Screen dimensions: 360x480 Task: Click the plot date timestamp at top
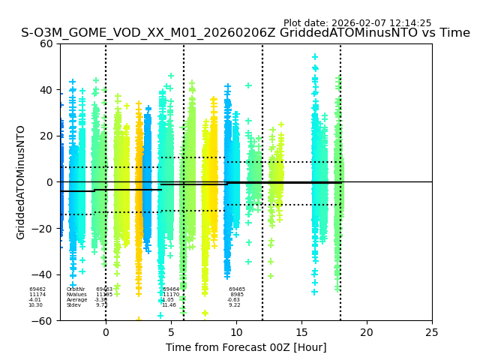(x=357, y=23)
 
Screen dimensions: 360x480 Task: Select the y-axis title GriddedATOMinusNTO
(x=21, y=182)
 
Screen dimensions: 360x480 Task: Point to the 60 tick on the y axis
(x=47, y=43)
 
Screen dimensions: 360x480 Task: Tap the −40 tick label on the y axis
(x=43, y=274)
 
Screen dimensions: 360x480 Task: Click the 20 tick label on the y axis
(x=47, y=136)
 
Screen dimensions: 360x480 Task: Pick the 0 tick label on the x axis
(x=106, y=331)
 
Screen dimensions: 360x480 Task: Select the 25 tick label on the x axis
(x=432, y=331)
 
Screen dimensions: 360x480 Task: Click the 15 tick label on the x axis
(x=301, y=331)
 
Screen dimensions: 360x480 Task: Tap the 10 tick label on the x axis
(x=236, y=331)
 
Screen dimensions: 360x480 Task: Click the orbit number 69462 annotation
(x=37, y=289)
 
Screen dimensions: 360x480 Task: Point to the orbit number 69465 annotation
(x=237, y=289)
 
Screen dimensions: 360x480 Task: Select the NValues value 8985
(x=237, y=295)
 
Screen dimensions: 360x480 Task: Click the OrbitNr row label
(x=76, y=289)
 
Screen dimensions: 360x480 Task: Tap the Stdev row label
(x=73, y=305)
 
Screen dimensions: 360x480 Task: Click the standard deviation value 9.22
(x=235, y=305)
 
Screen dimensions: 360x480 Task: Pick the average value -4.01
(x=35, y=300)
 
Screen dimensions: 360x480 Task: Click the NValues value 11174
(x=37, y=295)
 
